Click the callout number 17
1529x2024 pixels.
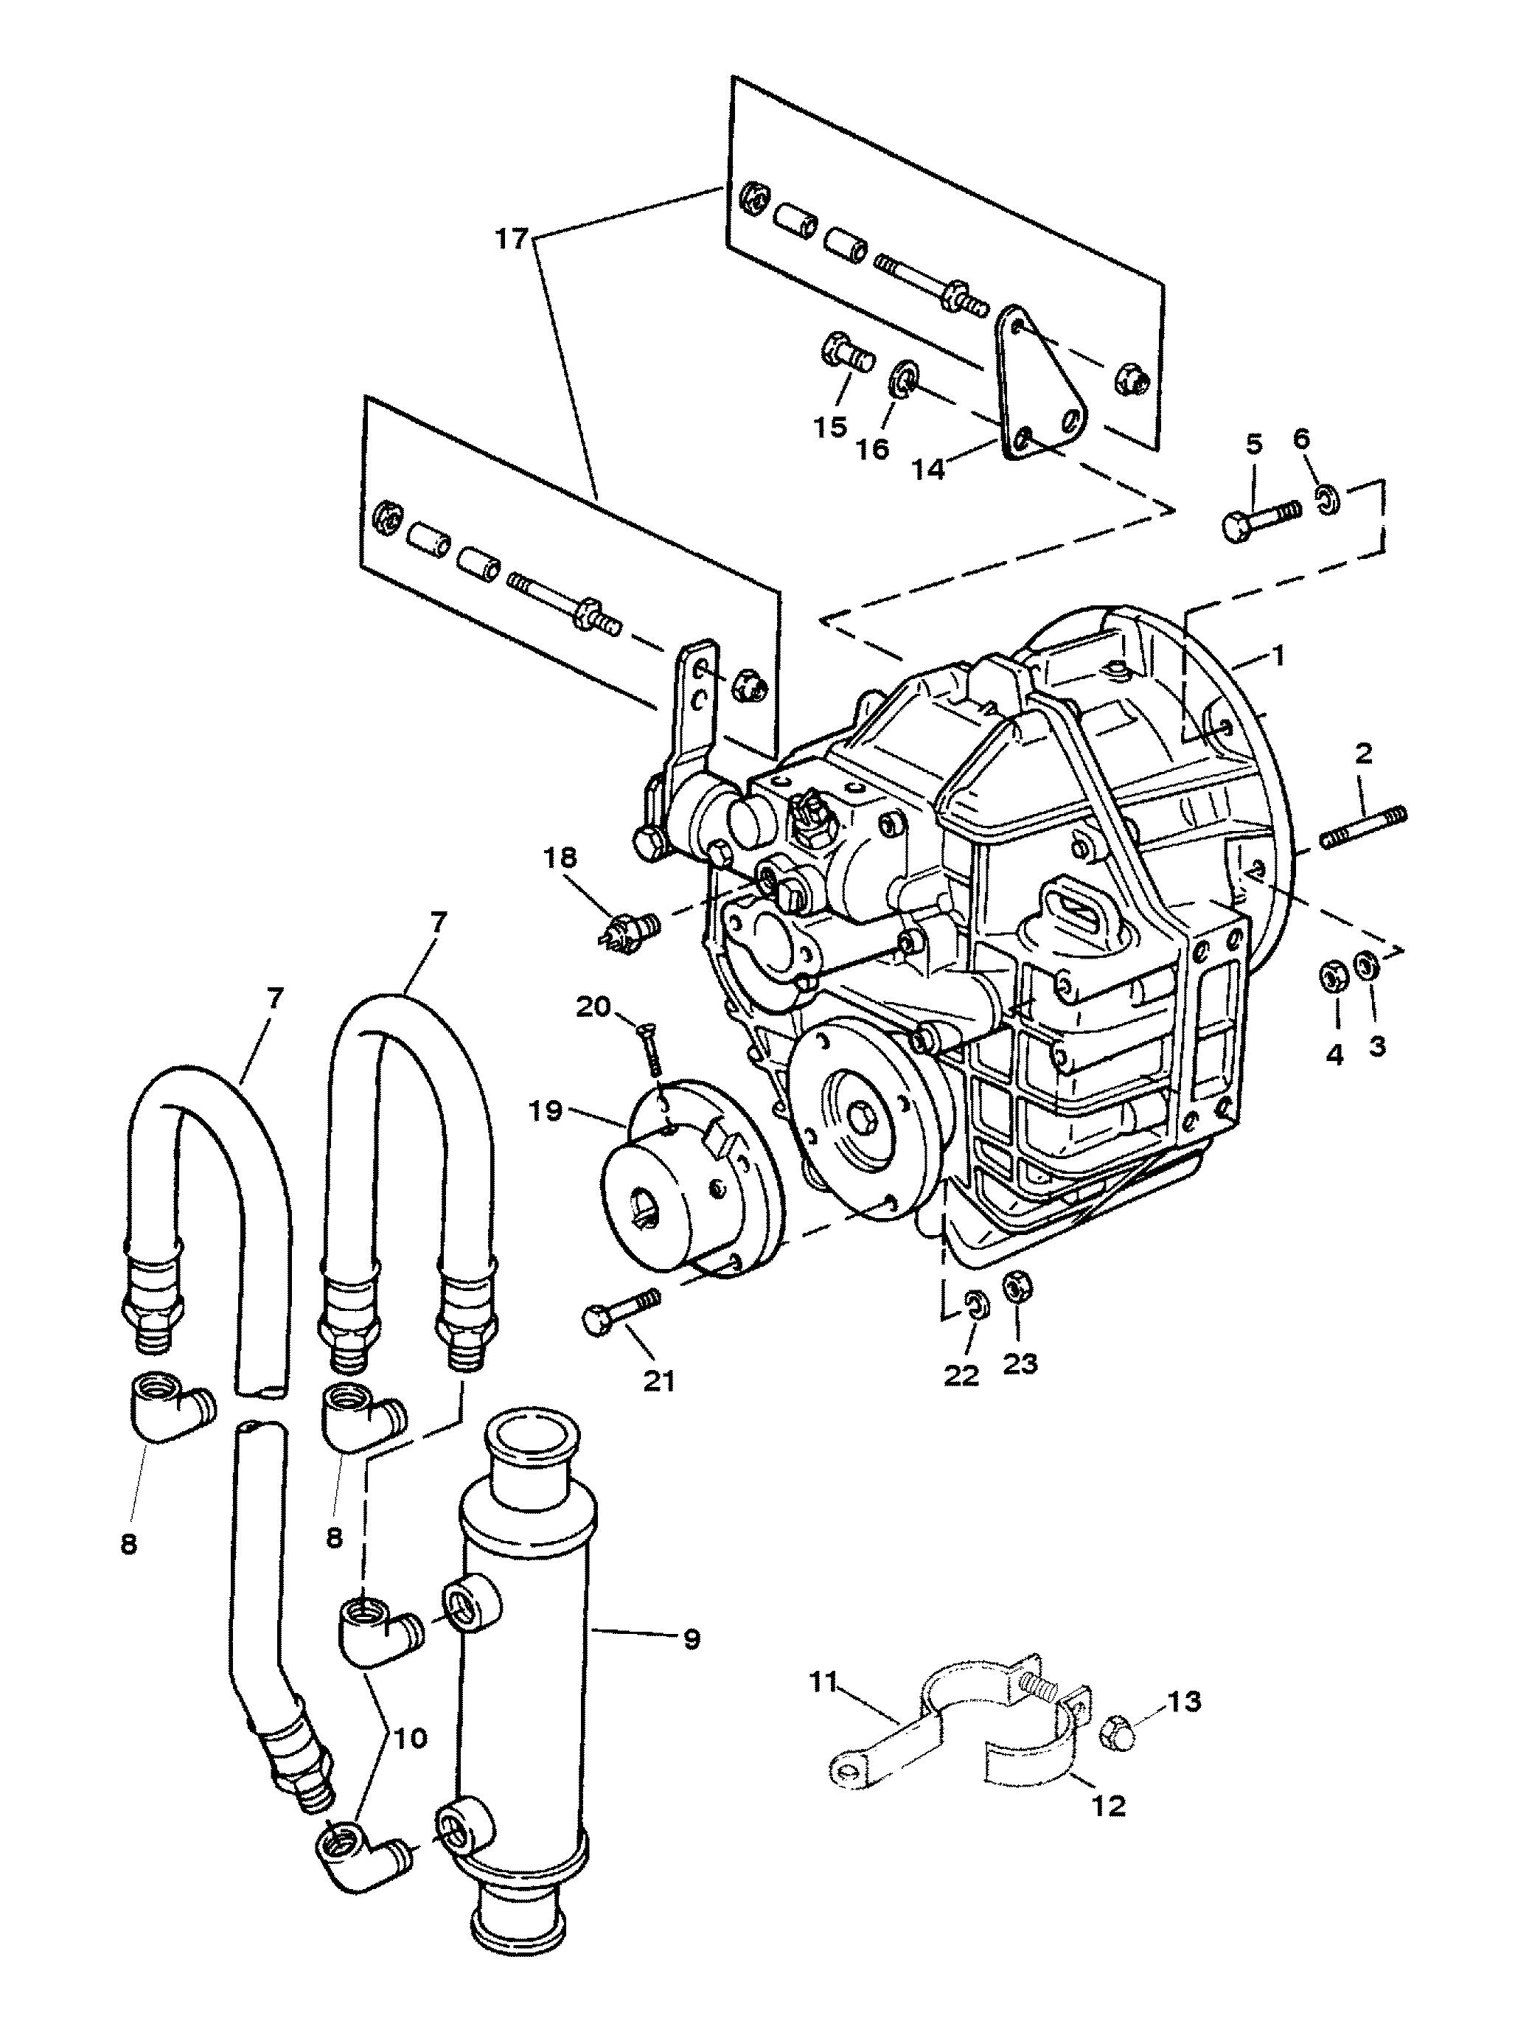pyautogui.click(x=512, y=239)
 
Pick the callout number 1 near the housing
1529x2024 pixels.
pyautogui.click(x=1278, y=655)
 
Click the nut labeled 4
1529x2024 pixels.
pyautogui.click(x=1332, y=977)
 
